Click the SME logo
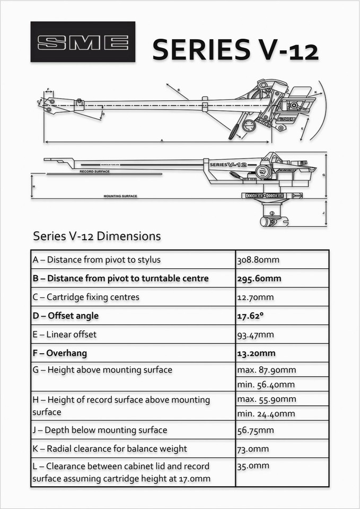pos(83,42)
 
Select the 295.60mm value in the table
pos(259,278)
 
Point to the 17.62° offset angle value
pos(250,315)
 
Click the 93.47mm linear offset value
pos(256,335)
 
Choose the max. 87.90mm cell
pos(266,370)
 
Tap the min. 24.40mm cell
pos(266,414)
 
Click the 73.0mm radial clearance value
pos(253,449)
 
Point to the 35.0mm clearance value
pos(253,466)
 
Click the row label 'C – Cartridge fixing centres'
pos(86,297)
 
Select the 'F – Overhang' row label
pos(59,353)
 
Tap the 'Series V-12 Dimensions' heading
pos(96,235)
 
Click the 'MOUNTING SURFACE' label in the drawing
pos(120,196)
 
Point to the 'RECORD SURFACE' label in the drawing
pos(94,172)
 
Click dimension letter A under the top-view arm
pos(161,140)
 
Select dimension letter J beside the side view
pos(323,214)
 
